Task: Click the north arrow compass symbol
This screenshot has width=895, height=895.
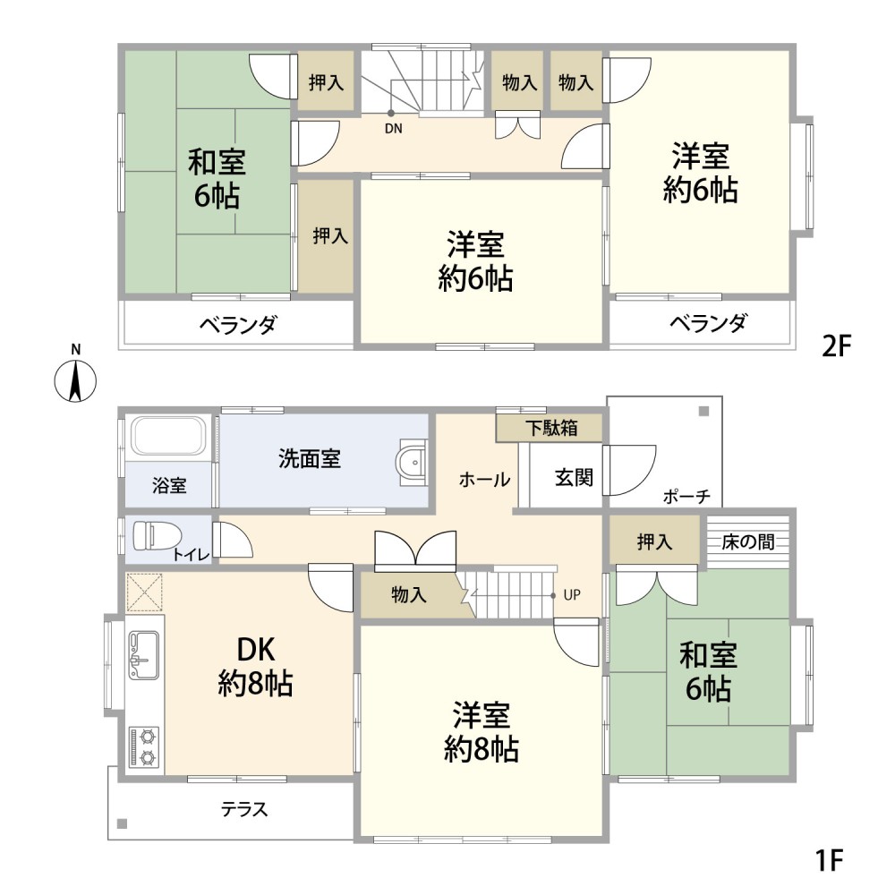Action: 76,379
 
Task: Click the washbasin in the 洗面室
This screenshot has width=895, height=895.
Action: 411,464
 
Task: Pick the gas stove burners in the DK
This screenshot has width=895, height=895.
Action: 143,746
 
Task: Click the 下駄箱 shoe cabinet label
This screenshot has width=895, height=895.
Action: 550,429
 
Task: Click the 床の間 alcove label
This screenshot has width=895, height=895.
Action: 748,541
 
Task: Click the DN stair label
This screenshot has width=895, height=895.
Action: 394,128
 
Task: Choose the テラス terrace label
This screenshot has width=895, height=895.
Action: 243,811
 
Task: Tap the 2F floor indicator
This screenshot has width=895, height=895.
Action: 834,346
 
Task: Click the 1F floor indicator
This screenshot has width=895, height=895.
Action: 830,861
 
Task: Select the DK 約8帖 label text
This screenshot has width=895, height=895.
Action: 255,667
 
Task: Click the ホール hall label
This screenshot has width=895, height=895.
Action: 484,480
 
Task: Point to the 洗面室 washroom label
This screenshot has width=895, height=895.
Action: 309,459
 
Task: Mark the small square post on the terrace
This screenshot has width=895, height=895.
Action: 123,823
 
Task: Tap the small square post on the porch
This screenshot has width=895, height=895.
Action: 703,411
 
